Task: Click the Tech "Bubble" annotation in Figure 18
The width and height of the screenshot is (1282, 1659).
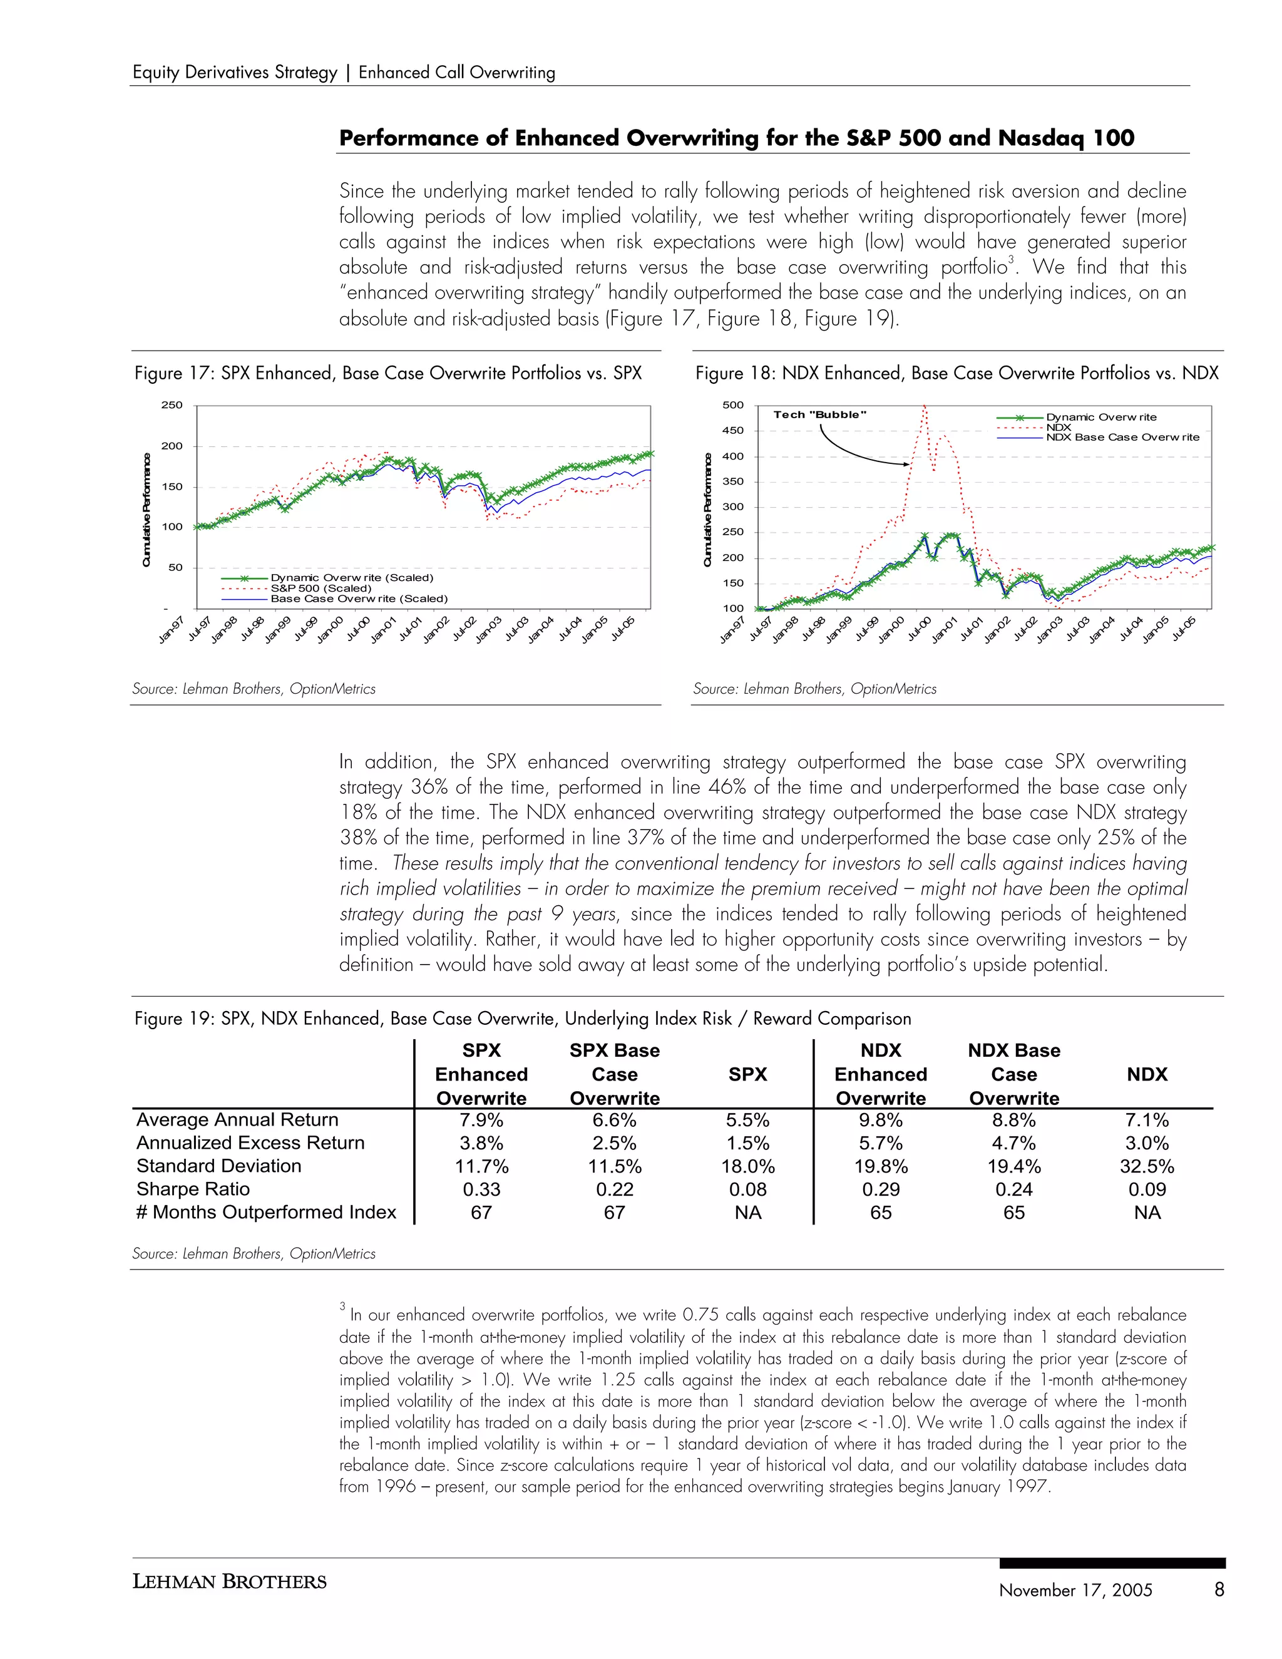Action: tap(819, 414)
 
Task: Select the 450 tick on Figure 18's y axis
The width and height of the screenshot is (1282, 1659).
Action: tap(733, 431)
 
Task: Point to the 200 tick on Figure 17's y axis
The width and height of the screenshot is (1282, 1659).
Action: tap(172, 446)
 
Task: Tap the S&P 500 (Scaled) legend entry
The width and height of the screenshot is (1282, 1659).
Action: tap(320, 588)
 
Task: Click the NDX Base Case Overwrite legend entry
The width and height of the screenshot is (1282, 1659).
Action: tap(1122, 437)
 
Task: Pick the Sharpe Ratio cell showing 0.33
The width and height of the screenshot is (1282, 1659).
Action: tap(481, 1189)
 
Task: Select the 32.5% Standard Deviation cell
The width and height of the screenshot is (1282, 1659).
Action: tap(1146, 1166)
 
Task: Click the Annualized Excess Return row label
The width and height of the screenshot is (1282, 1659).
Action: tap(250, 1143)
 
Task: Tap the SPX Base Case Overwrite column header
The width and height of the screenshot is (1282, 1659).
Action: tap(615, 1074)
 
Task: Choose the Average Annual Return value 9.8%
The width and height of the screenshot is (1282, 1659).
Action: tap(880, 1120)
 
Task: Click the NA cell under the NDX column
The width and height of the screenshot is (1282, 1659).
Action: tap(1147, 1213)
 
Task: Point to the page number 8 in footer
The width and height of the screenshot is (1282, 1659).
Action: tap(1219, 1589)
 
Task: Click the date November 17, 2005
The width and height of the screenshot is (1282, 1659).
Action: tap(1075, 1590)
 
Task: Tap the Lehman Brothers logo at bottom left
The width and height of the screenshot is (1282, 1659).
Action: tap(229, 1581)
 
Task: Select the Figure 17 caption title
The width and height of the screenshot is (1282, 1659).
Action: tap(388, 373)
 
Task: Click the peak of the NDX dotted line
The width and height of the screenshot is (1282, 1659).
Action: tap(925, 407)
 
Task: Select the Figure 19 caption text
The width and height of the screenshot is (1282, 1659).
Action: tap(523, 1019)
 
